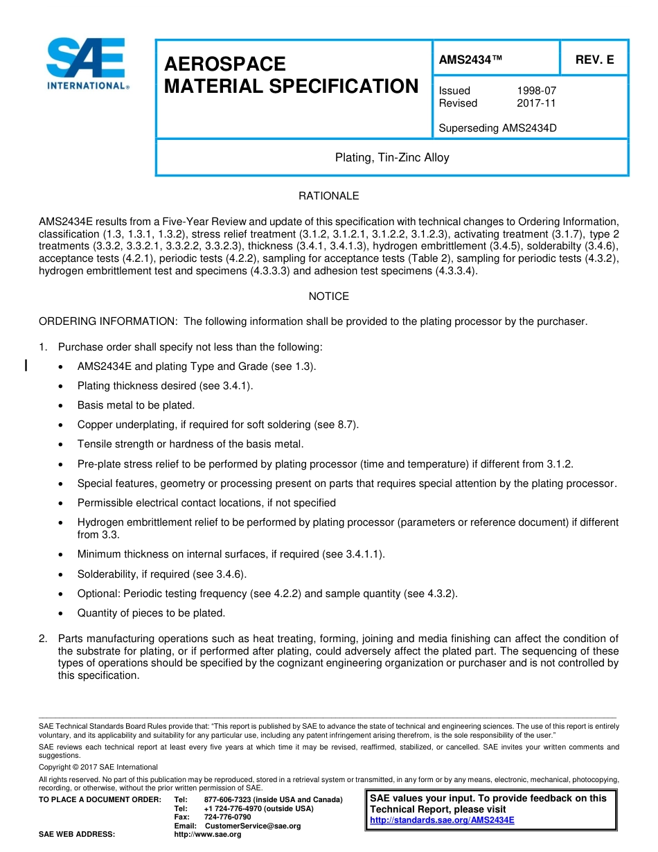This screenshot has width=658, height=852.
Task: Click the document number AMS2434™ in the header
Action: pos(470,60)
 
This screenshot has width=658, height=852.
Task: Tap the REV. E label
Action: pos(594,60)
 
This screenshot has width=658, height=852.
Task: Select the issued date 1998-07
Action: pos(536,91)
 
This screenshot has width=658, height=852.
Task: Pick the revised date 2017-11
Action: pos(536,103)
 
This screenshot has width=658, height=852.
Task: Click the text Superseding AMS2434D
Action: pos(497,128)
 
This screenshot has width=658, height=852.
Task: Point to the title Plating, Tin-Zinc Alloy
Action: pos(392,158)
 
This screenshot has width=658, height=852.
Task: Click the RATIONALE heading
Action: pos(328,196)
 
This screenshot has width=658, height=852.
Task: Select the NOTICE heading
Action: pos(328,296)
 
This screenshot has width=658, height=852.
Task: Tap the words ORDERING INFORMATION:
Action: pos(108,321)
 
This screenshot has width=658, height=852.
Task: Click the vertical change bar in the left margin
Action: pos(26,366)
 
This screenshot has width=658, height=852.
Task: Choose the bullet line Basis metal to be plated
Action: pos(136,405)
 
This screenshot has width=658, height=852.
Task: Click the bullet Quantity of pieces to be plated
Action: pos(151,613)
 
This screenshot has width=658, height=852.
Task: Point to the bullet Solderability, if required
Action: pos(161,574)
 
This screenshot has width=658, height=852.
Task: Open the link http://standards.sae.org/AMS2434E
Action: pos(442,820)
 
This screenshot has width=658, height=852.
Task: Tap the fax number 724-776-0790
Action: pos(228,817)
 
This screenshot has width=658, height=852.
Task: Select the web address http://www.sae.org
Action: pos(208,835)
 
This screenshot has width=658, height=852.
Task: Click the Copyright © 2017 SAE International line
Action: pos(98,767)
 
